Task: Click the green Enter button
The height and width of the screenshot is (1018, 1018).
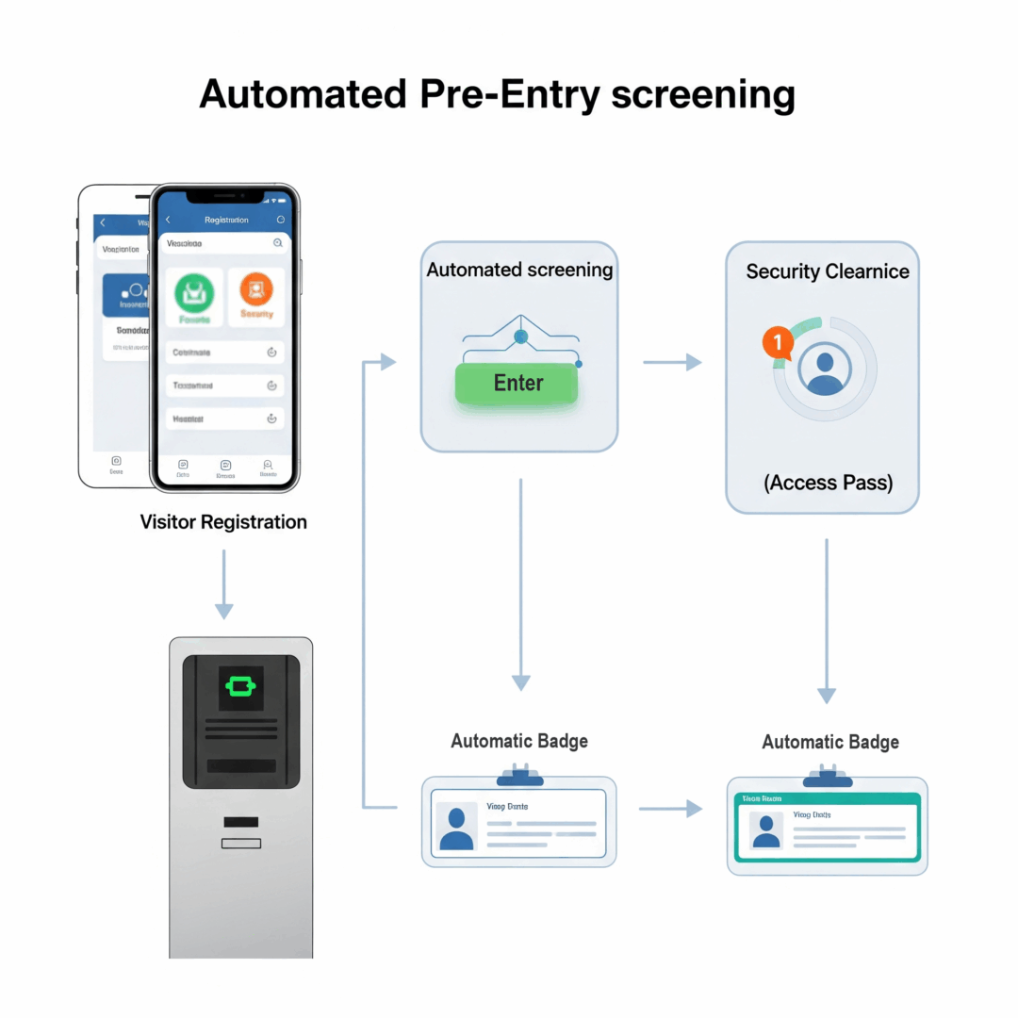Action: pos(517,384)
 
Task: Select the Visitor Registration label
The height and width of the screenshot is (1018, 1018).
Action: pos(223,521)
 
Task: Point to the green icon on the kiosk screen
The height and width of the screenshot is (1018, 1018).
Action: pos(240,685)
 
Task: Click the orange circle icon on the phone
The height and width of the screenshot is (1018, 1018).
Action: pos(256,289)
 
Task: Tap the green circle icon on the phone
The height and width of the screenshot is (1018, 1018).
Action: pos(194,293)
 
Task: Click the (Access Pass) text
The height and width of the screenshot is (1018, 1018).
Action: pos(827,483)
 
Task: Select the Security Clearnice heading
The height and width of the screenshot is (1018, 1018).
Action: pos(827,271)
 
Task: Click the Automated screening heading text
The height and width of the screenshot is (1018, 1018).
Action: pos(519,270)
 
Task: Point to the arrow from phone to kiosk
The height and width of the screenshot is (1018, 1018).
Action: pos(223,584)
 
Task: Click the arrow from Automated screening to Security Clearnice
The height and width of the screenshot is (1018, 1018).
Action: pos(672,362)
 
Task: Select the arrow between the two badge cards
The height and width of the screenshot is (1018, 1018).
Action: pos(670,809)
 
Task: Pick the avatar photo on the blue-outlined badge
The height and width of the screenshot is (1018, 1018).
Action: pos(457,828)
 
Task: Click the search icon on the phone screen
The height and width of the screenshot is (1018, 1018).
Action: pos(277,243)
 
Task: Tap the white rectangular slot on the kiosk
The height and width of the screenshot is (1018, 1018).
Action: pos(240,843)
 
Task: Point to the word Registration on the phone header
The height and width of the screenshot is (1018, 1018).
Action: pos(226,220)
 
